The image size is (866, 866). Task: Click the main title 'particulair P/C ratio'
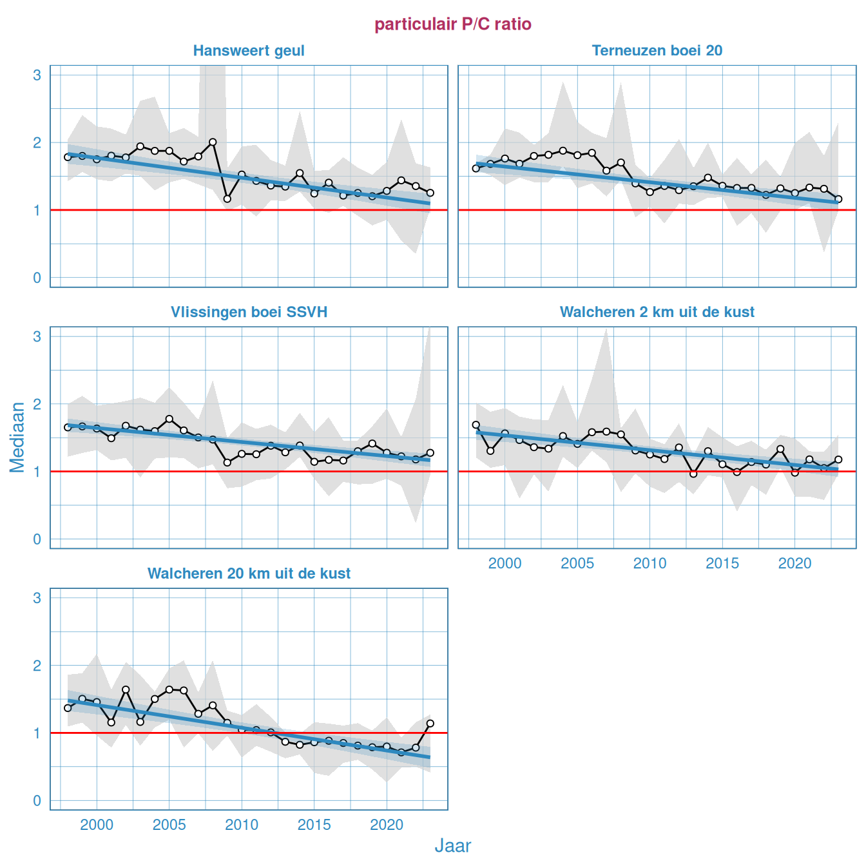pyautogui.click(x=453, y=24)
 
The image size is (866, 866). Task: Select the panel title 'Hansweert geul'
pyautogui.click(x=249, y=51)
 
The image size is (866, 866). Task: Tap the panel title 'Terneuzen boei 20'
pyautogui.click(x=657, y=51)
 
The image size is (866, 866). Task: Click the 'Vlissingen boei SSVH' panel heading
pyautogui.click(x=249, y=313)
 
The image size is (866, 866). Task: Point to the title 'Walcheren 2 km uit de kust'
pyautogui.click(x=657, y=313)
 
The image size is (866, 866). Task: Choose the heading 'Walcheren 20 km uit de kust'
pyautogui.click(x=249, y=574)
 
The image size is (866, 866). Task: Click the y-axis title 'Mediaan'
pyautogui.click(x=17, y=437)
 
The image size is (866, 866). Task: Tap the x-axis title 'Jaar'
pyautogui.click(x=453, y=846)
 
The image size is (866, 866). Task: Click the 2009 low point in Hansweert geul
pyautogui.click(x=227, y=199)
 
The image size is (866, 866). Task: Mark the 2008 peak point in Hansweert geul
pyautogui.click(x=213, y=142)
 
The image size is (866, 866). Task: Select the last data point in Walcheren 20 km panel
pyautogui.click(x=430, y=724)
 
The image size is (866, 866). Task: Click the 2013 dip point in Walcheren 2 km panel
pyautogui.click(x=693, y=474)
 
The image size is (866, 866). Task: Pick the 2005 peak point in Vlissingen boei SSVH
pyautogui.click(x=169, y=419)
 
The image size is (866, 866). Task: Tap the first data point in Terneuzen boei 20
pyautogui.click(x=476, y=168)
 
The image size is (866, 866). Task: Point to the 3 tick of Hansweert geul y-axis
pyautogui.click(x=37, y=75)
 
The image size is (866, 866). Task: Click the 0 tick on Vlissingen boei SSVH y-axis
pyautogui.click(x=37, y=540)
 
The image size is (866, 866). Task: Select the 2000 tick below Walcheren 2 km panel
pyautogui.click(x=505, y=564)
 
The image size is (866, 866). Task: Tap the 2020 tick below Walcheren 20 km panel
pyautogui.click(x=387, y=825)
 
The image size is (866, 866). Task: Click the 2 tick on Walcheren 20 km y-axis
pyautogui.click(x=37, y=666)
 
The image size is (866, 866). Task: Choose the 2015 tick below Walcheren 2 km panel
pyautogui.click(x=722, y=564)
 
